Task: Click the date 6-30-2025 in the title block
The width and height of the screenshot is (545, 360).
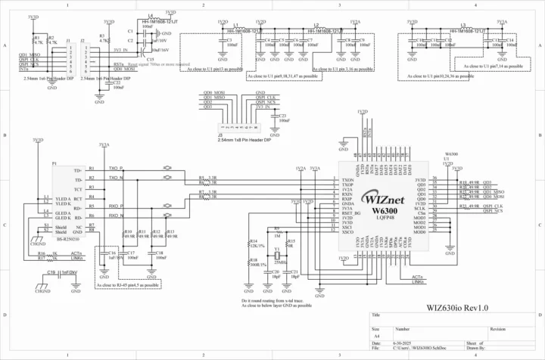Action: click(403, 343)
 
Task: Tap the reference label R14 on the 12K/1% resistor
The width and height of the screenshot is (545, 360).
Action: click(254, 241)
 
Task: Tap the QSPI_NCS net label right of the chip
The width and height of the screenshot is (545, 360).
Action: click(493, 211)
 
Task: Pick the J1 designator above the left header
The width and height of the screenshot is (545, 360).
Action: click(70, 41)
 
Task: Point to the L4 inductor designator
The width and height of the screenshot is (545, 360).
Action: click(151, 15)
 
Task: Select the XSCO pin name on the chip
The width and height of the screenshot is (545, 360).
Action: click(348, 231)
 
